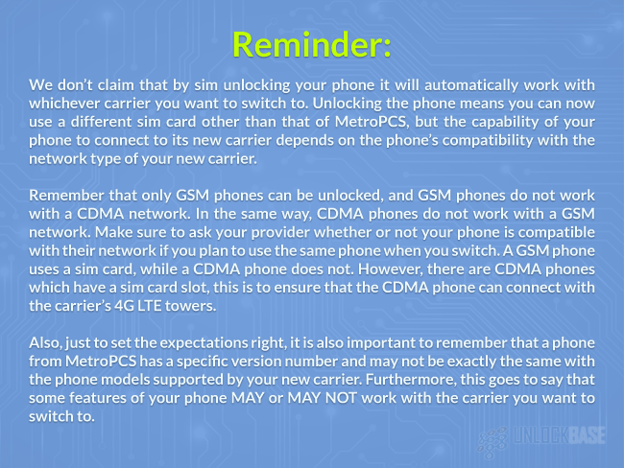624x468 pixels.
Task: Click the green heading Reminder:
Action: pos(312,44)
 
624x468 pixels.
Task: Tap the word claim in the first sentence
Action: pos(116,85)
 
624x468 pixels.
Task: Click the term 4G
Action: pos(126,306)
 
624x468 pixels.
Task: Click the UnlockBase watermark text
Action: pos(560,435)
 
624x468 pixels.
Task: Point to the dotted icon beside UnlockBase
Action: pos(492,442)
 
